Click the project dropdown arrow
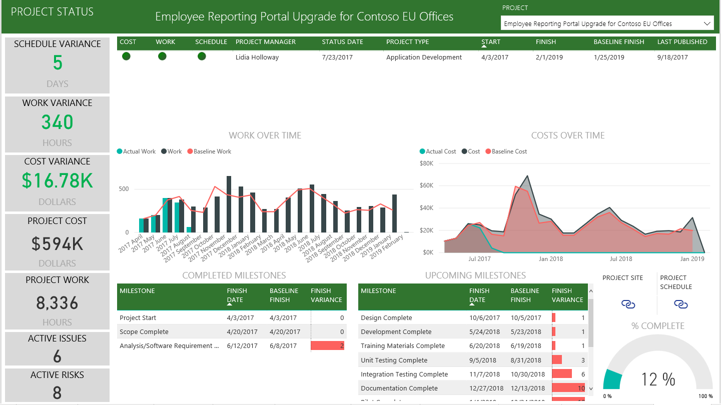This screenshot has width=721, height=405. click(x=707, y=23)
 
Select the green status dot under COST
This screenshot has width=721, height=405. click(x=126, y=56)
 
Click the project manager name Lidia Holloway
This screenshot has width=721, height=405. click(x=257, y=57)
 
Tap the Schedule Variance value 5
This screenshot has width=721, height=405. click(x=57, y=63)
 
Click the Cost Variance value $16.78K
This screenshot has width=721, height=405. click(x=57, y=181)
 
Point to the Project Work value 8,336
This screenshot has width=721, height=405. click(x=57, y=303)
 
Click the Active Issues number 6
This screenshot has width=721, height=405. click(x=57, y=356)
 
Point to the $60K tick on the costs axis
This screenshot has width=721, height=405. click(x=426, y=185)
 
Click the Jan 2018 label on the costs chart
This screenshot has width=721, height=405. click(x=550, y=259)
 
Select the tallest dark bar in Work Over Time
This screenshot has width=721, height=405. click(x=229, y=204)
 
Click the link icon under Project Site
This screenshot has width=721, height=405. click(x=628, y=304)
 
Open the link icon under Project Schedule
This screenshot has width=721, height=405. click(x=680, y=304)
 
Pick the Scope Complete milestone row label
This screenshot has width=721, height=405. click(x=144, y=332)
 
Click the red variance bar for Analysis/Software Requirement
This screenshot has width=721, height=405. click(x=327, y=346)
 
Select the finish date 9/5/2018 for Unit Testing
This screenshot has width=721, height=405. click(x=482, y=360)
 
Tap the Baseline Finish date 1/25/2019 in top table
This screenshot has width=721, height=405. click(x=609, y=57)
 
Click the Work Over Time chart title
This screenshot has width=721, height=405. click(x=265, y=135)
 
